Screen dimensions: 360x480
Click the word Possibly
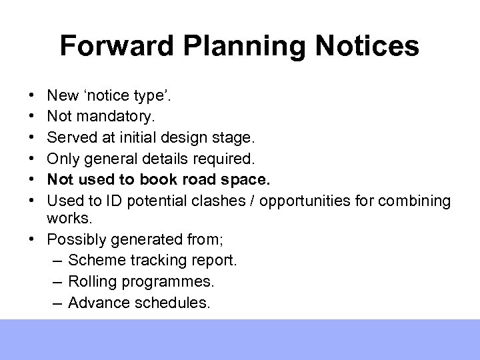click(x=75, y=239)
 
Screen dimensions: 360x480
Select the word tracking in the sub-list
click(x=148, y=260)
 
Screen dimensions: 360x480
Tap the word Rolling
click(x=91, y=281)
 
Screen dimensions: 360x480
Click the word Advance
click(x=97, y=302)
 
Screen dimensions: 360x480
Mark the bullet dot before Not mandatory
click(x=33, y=117)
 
